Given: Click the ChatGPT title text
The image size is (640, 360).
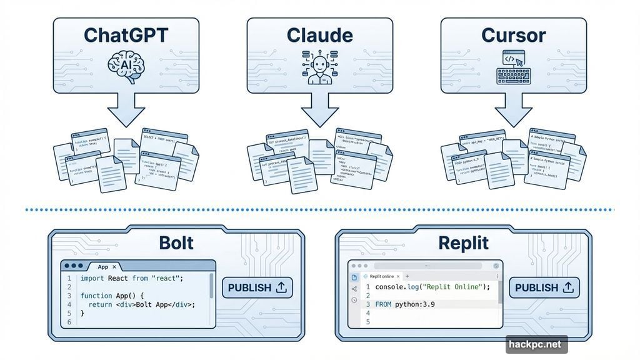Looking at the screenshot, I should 126,35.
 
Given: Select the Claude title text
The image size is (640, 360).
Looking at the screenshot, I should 319,35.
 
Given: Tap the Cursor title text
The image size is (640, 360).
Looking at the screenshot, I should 513,35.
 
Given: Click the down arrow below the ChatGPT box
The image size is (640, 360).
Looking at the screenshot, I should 126,112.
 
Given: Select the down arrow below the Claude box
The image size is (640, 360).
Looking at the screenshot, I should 319,112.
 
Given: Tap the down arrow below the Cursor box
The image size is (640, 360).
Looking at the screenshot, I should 513,112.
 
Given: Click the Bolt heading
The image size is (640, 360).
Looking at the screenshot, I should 177,242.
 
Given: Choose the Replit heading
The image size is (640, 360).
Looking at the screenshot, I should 463,242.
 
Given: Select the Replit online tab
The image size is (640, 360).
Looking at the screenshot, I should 381,276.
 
